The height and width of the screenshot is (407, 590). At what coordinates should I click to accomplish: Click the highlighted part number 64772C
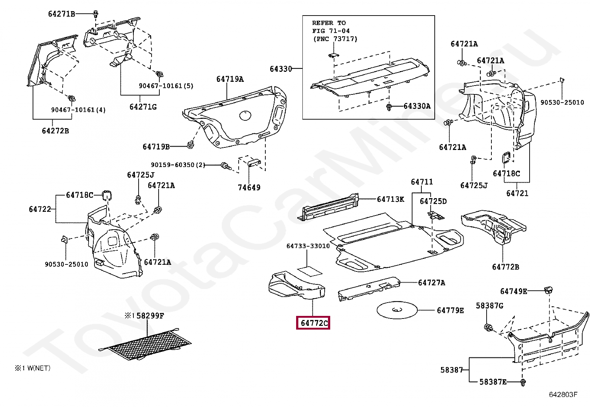[x=314, y=323]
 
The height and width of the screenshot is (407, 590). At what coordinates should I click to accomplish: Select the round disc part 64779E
[x=397, y=310]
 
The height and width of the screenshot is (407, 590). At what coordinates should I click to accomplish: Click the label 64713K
[x=390, y=199]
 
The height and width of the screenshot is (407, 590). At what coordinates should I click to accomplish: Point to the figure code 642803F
[x=563, y=394]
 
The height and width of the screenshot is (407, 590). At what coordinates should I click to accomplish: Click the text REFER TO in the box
[x=329, y=23]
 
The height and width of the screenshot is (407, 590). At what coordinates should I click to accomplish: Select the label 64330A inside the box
[x=417, y=106]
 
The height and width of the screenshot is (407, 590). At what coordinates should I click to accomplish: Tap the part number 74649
[x=249, y=188]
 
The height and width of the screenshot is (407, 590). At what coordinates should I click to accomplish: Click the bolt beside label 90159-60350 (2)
[x=225, y=166]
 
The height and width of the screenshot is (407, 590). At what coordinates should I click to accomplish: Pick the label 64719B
[x=156, y=147]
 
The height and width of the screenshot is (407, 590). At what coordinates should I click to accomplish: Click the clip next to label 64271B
[x=96, y=14]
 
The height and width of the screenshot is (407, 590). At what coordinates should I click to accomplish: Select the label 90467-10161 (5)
[x=166, y=86]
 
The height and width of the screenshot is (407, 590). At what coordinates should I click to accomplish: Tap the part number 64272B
[x=55, y=131]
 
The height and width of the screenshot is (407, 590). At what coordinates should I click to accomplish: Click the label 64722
[x=40, y=209]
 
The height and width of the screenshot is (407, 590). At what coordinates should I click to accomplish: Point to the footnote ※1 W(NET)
[x=33, y=368]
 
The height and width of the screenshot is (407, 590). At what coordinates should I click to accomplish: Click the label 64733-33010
[x=308, y=246]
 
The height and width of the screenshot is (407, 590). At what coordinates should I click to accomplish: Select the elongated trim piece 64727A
[x=369, y=289]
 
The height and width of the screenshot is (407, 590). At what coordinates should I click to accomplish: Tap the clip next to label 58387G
[x=488, y=327]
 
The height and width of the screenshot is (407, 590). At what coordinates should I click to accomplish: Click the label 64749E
[x=513, y=291]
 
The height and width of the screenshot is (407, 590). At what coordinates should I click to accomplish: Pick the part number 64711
[x=422, y=182]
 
